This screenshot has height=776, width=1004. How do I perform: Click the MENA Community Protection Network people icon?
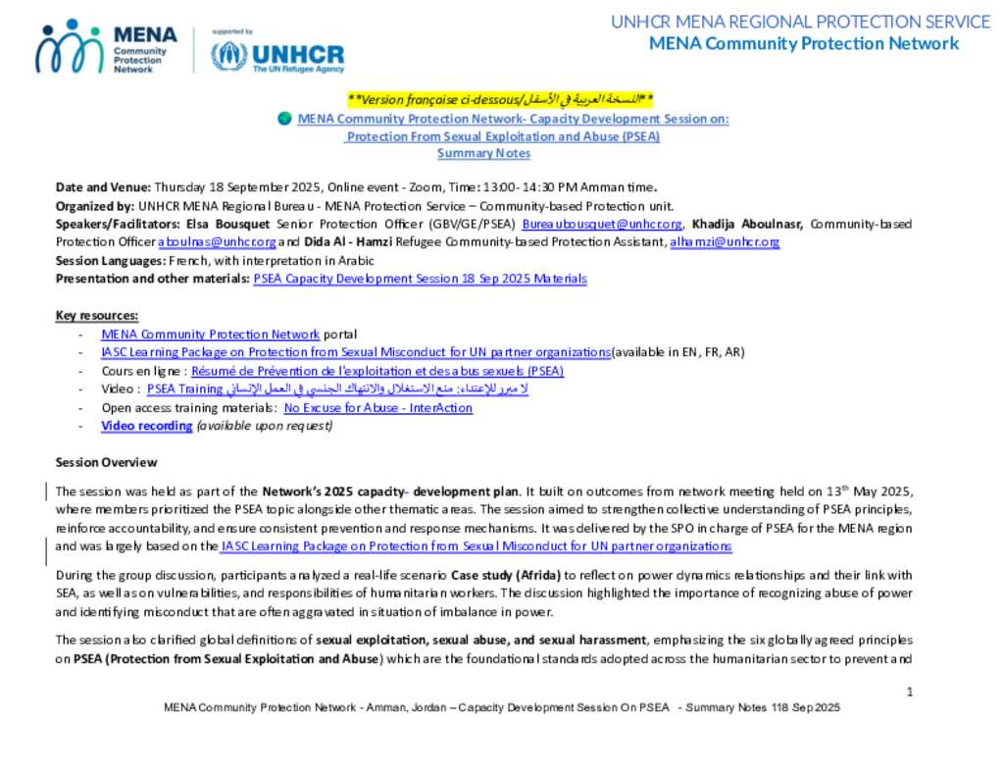click(69, 46)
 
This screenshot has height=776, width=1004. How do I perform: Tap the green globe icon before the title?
click(284, 119)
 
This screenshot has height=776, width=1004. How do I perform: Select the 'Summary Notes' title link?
click(483, 153)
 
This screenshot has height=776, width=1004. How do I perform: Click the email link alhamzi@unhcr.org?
click(725, 241)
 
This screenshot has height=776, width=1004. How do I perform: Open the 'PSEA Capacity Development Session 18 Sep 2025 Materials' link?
click(420, 279)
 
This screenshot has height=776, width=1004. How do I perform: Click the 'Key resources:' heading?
click(97, 315)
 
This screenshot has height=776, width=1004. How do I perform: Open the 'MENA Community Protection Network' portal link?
click(210, 335)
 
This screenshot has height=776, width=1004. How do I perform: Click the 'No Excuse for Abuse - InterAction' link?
click(377, 407)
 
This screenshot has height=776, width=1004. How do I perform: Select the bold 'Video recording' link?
click(146, 426)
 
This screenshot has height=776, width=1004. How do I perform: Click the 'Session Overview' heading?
click(106, 462)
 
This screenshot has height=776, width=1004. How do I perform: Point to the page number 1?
click(910, 692)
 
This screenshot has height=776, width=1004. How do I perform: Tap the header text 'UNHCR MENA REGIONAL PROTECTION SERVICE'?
click(800, 22)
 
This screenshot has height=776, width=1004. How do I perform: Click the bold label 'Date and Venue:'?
click(103, 186)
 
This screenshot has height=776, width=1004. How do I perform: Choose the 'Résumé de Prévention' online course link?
click(377, 371)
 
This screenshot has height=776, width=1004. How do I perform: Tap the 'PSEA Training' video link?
click(185, 388)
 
